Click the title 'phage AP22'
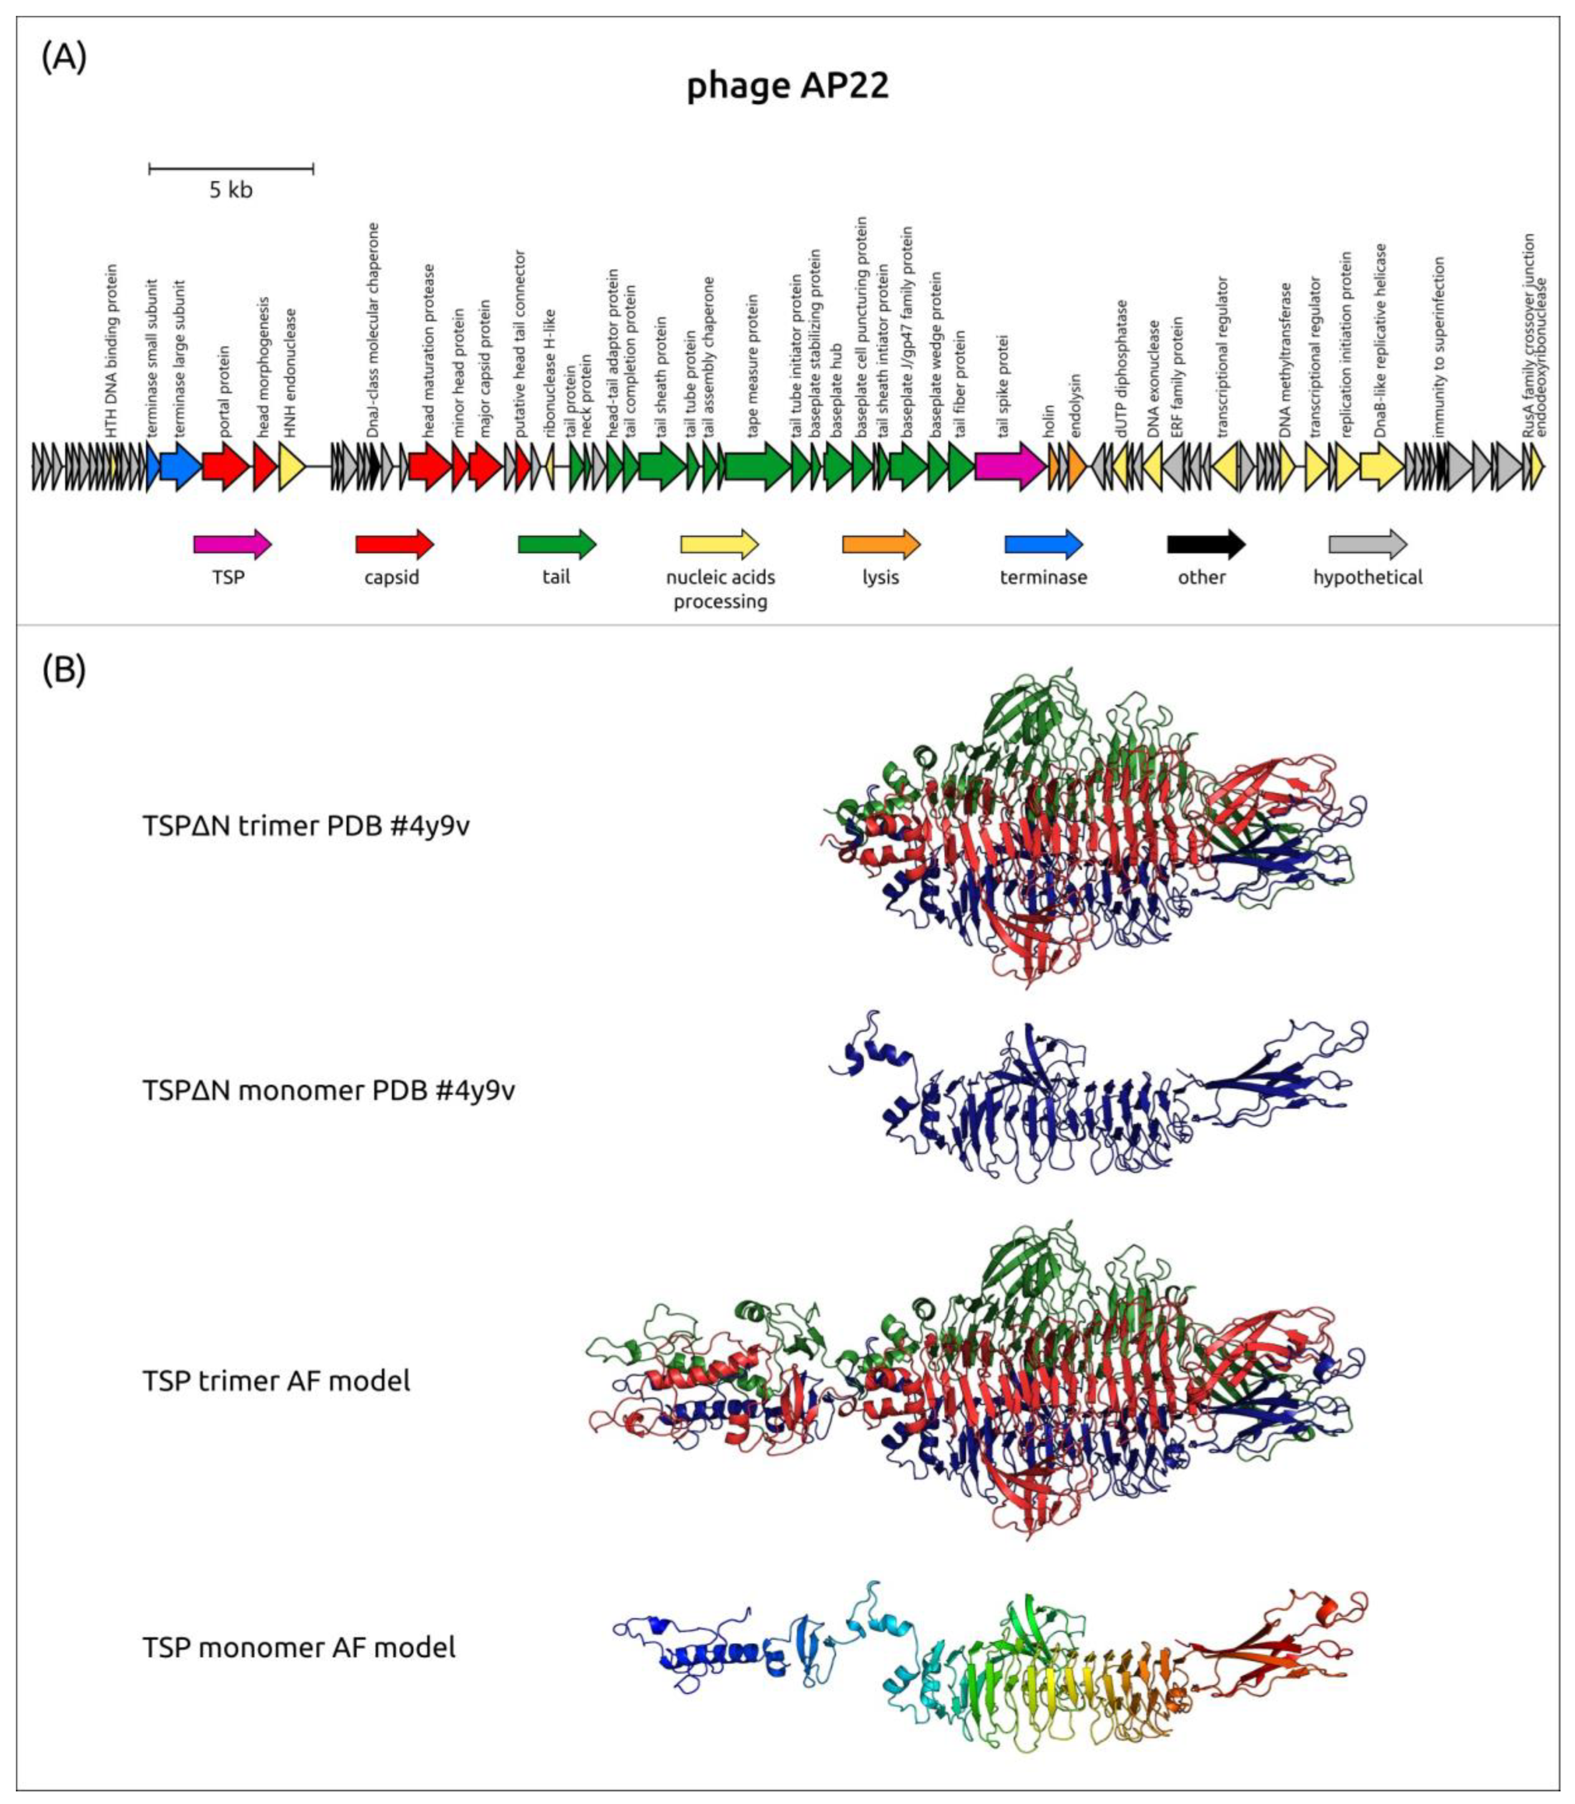coord(787,86)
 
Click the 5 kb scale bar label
coord(230,190)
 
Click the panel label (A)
coord(63,58)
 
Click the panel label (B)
coord(63,670)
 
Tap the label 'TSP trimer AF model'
coord(276,1380)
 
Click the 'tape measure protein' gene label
coord(752,365)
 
